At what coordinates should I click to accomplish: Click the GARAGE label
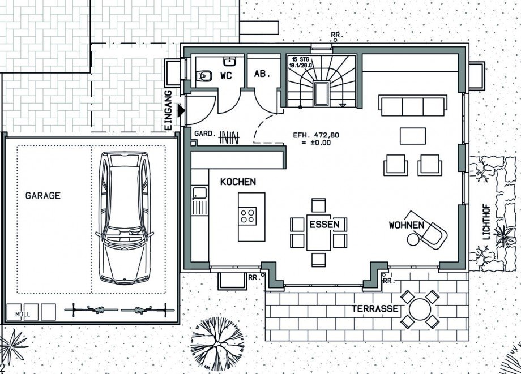[43, 195]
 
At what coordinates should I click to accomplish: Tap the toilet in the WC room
[204, 76]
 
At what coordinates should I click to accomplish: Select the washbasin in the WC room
[229, 61]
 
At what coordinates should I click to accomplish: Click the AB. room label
[262, 74]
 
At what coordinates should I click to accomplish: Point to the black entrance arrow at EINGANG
[181, 110]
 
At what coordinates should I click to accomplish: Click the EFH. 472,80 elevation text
[316, 135]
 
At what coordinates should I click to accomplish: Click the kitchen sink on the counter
[199, 193]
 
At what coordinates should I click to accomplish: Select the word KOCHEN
[238, 182]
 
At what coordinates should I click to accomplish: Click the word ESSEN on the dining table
[324, 225]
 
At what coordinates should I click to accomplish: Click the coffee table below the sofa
[413, 136]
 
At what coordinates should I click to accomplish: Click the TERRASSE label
[375, 309]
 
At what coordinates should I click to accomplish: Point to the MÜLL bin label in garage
[23, 314]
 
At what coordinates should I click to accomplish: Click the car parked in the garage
[125, 218]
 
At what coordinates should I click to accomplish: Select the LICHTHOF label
[486, 221]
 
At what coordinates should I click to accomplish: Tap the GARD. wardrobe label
[205, 134]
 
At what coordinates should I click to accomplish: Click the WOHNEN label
[407, 225]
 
